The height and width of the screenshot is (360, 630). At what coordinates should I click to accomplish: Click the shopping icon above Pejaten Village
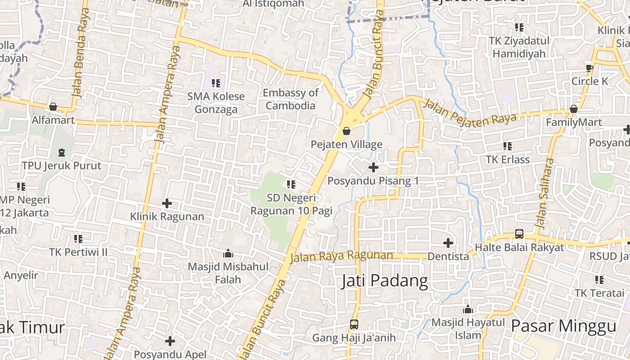coord(346,131)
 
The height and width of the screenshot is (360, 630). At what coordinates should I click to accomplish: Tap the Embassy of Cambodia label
coord(290,99)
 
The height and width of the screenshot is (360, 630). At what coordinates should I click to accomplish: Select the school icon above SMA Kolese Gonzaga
coord(216,83)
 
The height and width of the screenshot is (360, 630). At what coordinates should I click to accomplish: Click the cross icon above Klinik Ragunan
coord(167,203)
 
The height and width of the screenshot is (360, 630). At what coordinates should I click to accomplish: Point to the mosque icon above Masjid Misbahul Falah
coord(228,253)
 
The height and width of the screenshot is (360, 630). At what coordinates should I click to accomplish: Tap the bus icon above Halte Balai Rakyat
coord(519,234)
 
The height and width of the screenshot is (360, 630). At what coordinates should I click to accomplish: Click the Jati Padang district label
coord(385,281)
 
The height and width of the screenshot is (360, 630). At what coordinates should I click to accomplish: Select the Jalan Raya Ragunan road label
coord(342,256)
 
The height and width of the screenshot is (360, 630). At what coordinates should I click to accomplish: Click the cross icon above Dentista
coord(448,243)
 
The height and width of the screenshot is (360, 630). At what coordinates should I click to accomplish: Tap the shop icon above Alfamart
coord(53,107)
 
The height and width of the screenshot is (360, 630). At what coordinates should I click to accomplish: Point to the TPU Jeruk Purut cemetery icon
coord(62,153)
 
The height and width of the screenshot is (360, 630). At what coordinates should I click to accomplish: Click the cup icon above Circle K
coord(589,68)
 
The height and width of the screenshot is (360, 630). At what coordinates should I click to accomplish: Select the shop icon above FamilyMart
coord(574,109)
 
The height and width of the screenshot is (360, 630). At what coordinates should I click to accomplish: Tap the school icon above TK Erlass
coord(508,146)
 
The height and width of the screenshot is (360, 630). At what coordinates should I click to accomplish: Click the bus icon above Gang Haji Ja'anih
coord(354,324)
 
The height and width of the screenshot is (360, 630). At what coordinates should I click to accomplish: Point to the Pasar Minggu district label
coord(563,326)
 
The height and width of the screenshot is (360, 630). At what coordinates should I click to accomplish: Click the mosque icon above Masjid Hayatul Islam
coord(468,309)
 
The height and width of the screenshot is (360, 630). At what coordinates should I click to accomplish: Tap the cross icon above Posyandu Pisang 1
coord(373,167)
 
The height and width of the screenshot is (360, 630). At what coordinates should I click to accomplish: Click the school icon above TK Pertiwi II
coord(78,238)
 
